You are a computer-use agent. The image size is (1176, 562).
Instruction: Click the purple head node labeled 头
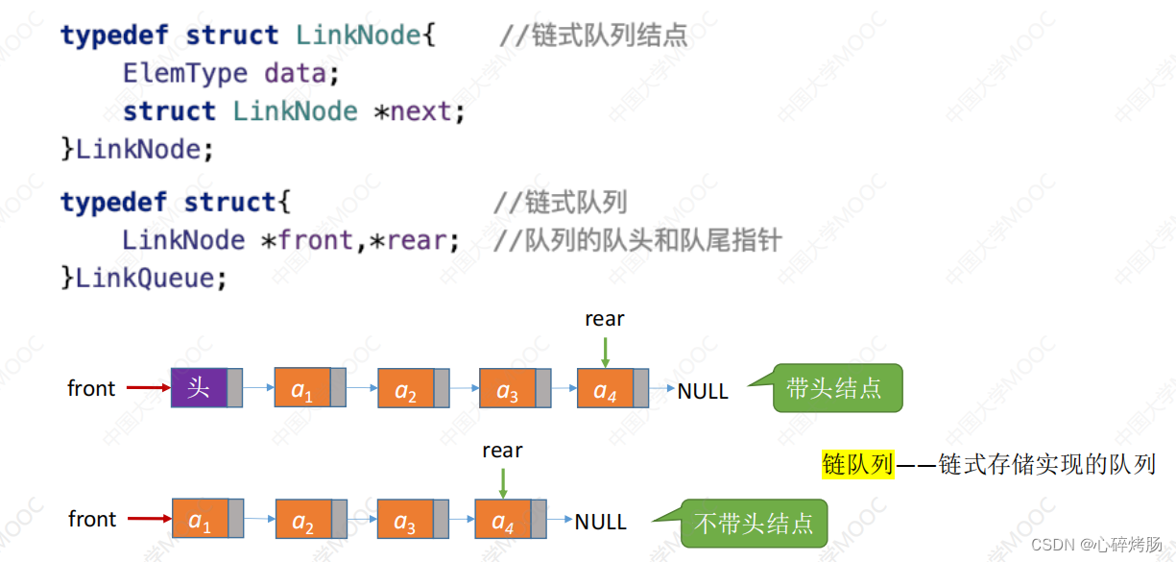(206, 387)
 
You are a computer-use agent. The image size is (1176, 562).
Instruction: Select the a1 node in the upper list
(310, 387)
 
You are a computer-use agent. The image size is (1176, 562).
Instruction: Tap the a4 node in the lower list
(511, 519)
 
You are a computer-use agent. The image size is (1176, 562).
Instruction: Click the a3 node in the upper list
(515, 388)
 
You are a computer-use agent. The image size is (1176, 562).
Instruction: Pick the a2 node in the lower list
(311, 519)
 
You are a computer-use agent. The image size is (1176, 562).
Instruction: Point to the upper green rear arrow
(606, 353)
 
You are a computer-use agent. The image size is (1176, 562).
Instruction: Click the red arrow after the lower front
(150, 519)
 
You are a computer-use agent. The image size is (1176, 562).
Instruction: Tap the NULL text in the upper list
(703, 391)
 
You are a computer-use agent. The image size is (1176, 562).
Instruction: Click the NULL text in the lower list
(601, 522)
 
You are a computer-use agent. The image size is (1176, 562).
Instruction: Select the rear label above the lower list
(502, 451)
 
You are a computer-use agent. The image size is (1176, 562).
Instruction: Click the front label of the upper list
(91, 389)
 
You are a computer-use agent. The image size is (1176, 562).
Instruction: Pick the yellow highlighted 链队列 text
(858, 464)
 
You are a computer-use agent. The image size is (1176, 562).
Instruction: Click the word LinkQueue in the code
(144, 278)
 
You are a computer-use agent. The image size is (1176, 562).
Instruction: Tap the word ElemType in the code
(184, 74)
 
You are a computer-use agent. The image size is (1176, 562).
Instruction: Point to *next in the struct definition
(412, 111)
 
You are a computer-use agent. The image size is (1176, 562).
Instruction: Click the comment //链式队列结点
(593, 36)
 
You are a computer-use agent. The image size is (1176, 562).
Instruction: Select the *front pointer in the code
(307, 240)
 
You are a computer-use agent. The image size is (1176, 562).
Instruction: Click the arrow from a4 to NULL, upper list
(662, 388)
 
